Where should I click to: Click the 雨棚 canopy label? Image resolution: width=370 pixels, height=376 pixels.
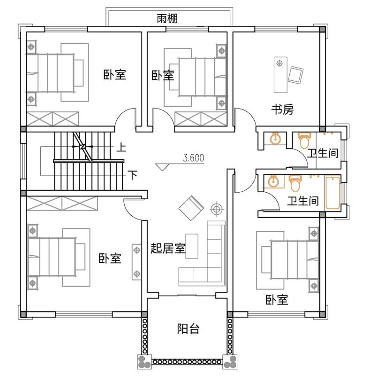coord(167,18)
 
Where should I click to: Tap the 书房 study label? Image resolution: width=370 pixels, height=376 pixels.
coord(282,110)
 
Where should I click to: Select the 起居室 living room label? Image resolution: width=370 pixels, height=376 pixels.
coord(168,248)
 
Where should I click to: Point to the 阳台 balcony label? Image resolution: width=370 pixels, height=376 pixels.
coord(188,329)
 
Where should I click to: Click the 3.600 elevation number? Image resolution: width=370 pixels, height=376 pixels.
coord(194,158)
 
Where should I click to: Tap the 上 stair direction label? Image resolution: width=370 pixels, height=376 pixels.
coord(121,147)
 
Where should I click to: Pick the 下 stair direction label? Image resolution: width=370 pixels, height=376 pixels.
coord(133,175)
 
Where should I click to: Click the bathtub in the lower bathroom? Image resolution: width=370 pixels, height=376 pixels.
coord(332,193)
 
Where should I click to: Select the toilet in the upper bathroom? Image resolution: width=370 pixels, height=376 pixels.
coord(304,140)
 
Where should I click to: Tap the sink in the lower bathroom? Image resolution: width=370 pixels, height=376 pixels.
coord(273,181)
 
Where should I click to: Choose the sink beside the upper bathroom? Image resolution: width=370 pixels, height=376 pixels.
coord(275,139)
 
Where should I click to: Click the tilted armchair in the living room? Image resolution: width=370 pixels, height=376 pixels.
coord(191,208)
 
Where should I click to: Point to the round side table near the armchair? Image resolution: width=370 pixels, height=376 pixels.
coord(217,209)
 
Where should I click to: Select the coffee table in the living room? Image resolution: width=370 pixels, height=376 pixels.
coord(192,246)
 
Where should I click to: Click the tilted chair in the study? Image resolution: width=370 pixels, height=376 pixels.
coord(295,75)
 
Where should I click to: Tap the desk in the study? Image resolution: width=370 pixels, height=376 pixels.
coord(280,75)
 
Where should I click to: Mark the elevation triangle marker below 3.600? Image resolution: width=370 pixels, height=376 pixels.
coord(162,167)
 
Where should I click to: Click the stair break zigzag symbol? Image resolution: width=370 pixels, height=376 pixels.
coord(83,146)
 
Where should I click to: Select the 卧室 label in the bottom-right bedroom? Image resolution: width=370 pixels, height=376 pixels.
coord(277,300)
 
